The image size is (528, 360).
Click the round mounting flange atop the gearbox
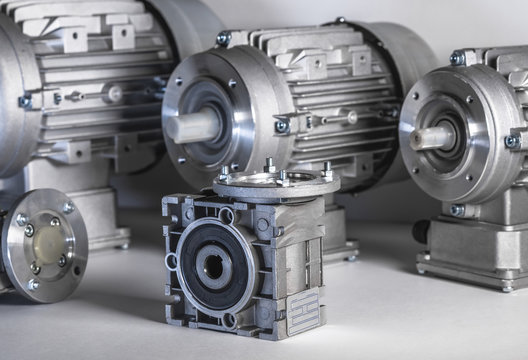coord(276,183)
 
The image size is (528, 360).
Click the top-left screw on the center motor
coord(223,39)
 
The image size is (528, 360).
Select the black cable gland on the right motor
coord(421,231)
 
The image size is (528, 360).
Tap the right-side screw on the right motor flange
coord(511,141)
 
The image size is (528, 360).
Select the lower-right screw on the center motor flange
coord(281,126)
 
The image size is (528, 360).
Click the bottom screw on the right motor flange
coord(456,210)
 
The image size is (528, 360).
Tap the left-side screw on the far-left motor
coord(25,102)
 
